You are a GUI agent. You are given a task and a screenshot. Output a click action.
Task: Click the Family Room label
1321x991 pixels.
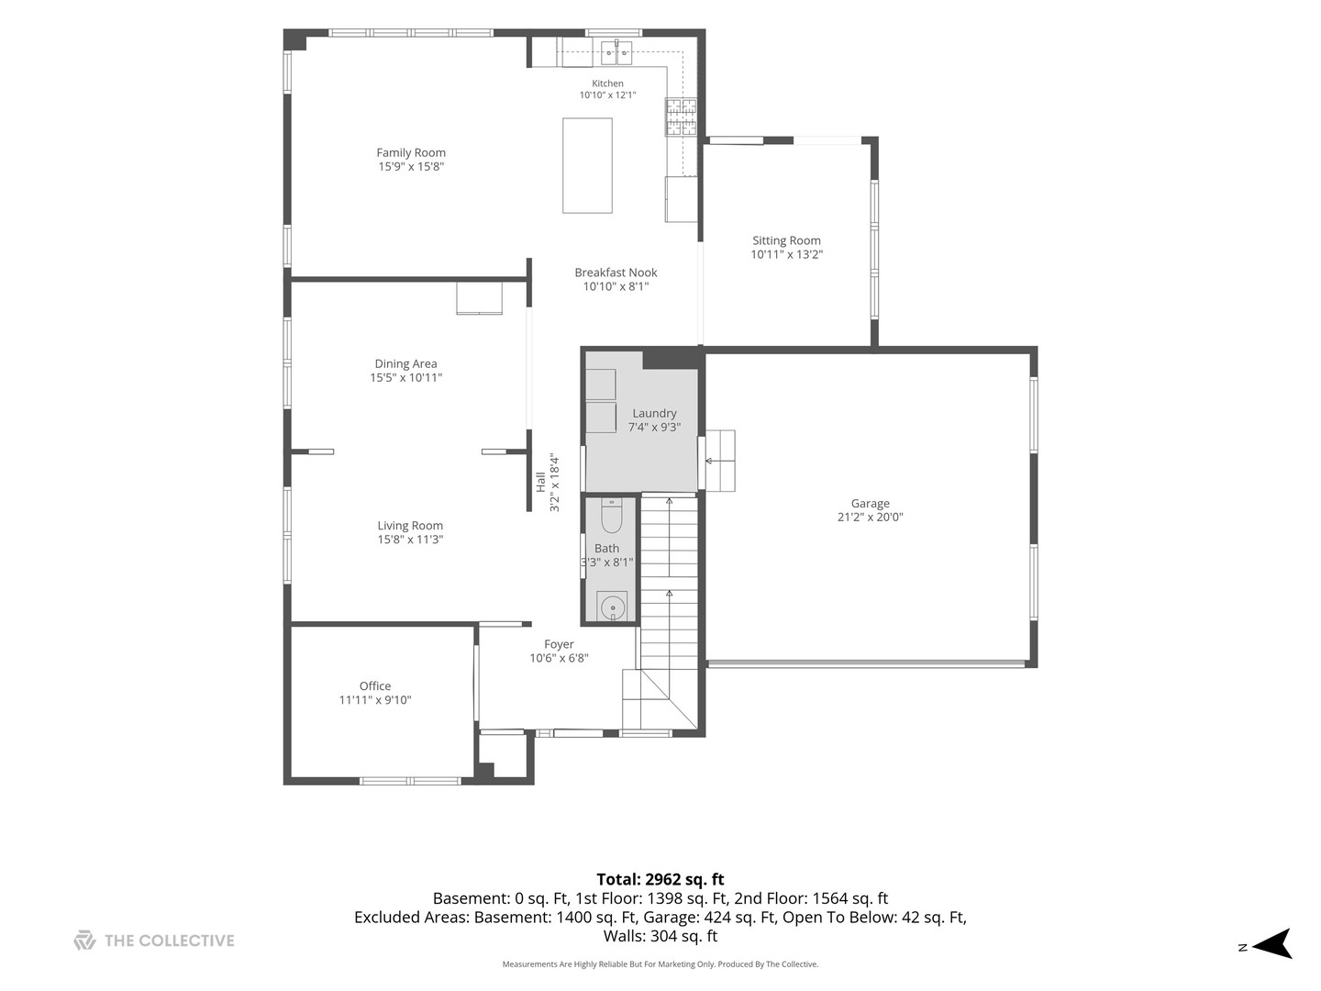pyautogui.click(x=411, y=153)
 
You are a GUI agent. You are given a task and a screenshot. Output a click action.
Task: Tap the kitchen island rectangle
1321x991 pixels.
pyautogui.click(x=587, y=165)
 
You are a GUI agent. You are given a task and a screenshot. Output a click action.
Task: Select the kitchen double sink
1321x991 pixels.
pyautogui.click(x=616, y=53)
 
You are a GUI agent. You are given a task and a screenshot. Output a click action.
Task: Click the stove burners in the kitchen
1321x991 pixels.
pyautogui.click(x=681, y=117)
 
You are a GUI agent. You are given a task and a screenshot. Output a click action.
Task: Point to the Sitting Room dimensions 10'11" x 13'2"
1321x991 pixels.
pyautogui.click(x=786, y=254)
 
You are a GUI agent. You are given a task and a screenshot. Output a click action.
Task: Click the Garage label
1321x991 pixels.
pyautogui.click(x=871, y=504)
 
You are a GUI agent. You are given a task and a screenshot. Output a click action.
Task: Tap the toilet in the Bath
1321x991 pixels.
pyautogui.click(x=612, y=516)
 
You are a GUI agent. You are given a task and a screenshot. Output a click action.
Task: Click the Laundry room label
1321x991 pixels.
pyautogui.click(x=654, y=413)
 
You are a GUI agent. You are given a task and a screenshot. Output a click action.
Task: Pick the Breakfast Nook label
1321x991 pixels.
pyautogui.click(x=616, y=273)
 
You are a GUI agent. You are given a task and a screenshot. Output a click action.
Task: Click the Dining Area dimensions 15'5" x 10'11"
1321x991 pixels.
pyautogui.click(x=406, y=378)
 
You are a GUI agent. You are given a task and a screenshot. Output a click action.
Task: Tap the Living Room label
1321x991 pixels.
pyautogui.click(x=410, y=526)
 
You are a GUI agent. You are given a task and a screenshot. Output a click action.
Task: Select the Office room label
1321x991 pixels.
pyautogui.click(x=375, y=686)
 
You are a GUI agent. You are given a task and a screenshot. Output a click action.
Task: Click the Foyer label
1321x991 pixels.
pyautogui.click(x=559, y=644)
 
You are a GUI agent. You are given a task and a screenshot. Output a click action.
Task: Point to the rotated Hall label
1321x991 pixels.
pyautogui.click(x=540, y=482)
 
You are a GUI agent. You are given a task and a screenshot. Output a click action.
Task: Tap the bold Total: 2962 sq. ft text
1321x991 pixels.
pyautogui.click(x=660, y=880)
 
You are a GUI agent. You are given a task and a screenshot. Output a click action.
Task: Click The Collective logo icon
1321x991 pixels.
pyautogui.click(x=85, y=941)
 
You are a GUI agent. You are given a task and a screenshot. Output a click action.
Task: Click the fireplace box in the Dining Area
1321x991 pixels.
pyautogui.click(x=479, y=298)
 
